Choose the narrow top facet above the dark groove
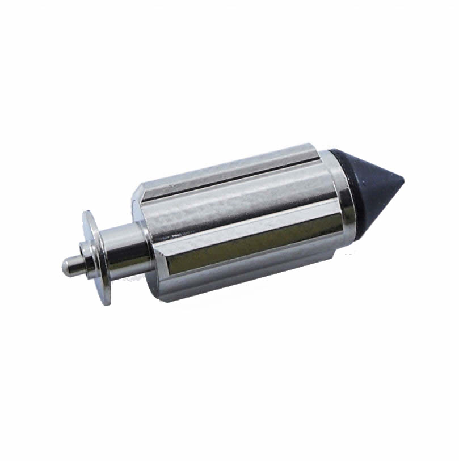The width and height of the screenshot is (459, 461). tap(227, 162)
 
